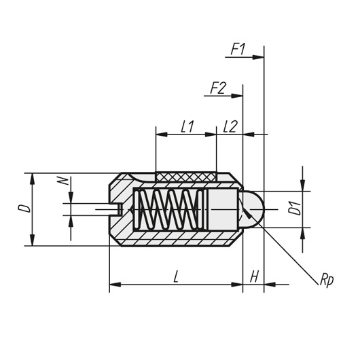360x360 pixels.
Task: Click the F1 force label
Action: point(238,49)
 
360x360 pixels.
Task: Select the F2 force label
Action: point(218,88)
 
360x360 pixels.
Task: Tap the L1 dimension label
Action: point(187,126)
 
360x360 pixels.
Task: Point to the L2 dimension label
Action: point(230,126)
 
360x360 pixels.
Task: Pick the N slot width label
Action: point(63,181)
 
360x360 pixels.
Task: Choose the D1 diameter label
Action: point(295,209)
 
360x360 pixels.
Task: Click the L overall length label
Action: point(176,276)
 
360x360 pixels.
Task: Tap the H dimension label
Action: point(254,276)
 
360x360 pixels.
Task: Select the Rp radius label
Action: point(327,281)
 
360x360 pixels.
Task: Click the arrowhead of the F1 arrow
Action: point(258,57)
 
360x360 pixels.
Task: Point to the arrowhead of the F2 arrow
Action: point(237,96)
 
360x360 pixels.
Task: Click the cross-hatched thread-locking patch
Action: point(186,177)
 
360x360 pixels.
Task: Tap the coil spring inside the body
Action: point(168,210)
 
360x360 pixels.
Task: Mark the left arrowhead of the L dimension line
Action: point(115,285)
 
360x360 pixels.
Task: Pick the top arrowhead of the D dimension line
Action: point(33,179)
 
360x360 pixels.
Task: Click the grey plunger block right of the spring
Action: point(223,209)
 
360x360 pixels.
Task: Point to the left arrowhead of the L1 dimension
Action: point(162,134)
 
